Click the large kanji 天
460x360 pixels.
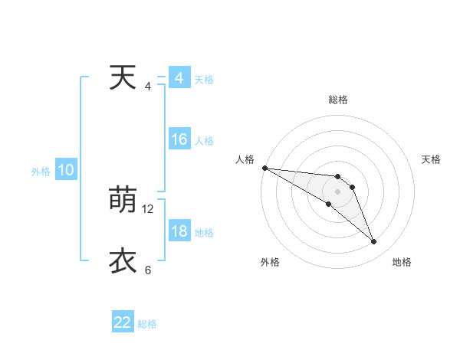pos(123,78)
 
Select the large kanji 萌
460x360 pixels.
pos(123,201)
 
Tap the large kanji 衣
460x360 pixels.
pos(123,261)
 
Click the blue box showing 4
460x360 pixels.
pos(179,78)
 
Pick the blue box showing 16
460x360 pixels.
pos(179,139)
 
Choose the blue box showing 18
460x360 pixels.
pos(179,231)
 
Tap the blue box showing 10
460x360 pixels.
pos(66,170)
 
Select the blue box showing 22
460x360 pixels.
pos(123,322)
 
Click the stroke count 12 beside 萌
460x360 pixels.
pos(148,208)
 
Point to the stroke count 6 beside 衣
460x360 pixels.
pos(148,270)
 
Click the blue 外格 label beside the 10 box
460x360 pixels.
pos(41,172)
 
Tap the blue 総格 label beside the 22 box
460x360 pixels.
pos(147,324)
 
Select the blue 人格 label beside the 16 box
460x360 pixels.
pos(204,141)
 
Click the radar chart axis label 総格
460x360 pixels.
pos(338,100)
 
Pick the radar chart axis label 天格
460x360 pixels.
pos(432,159)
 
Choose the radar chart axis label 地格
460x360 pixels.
pos(402,262)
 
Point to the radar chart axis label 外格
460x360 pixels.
pos(269,262)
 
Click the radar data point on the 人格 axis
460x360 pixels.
pos(264,168)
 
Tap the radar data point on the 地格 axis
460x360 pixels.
pos(374,242)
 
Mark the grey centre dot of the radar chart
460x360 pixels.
pos(338,191)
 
